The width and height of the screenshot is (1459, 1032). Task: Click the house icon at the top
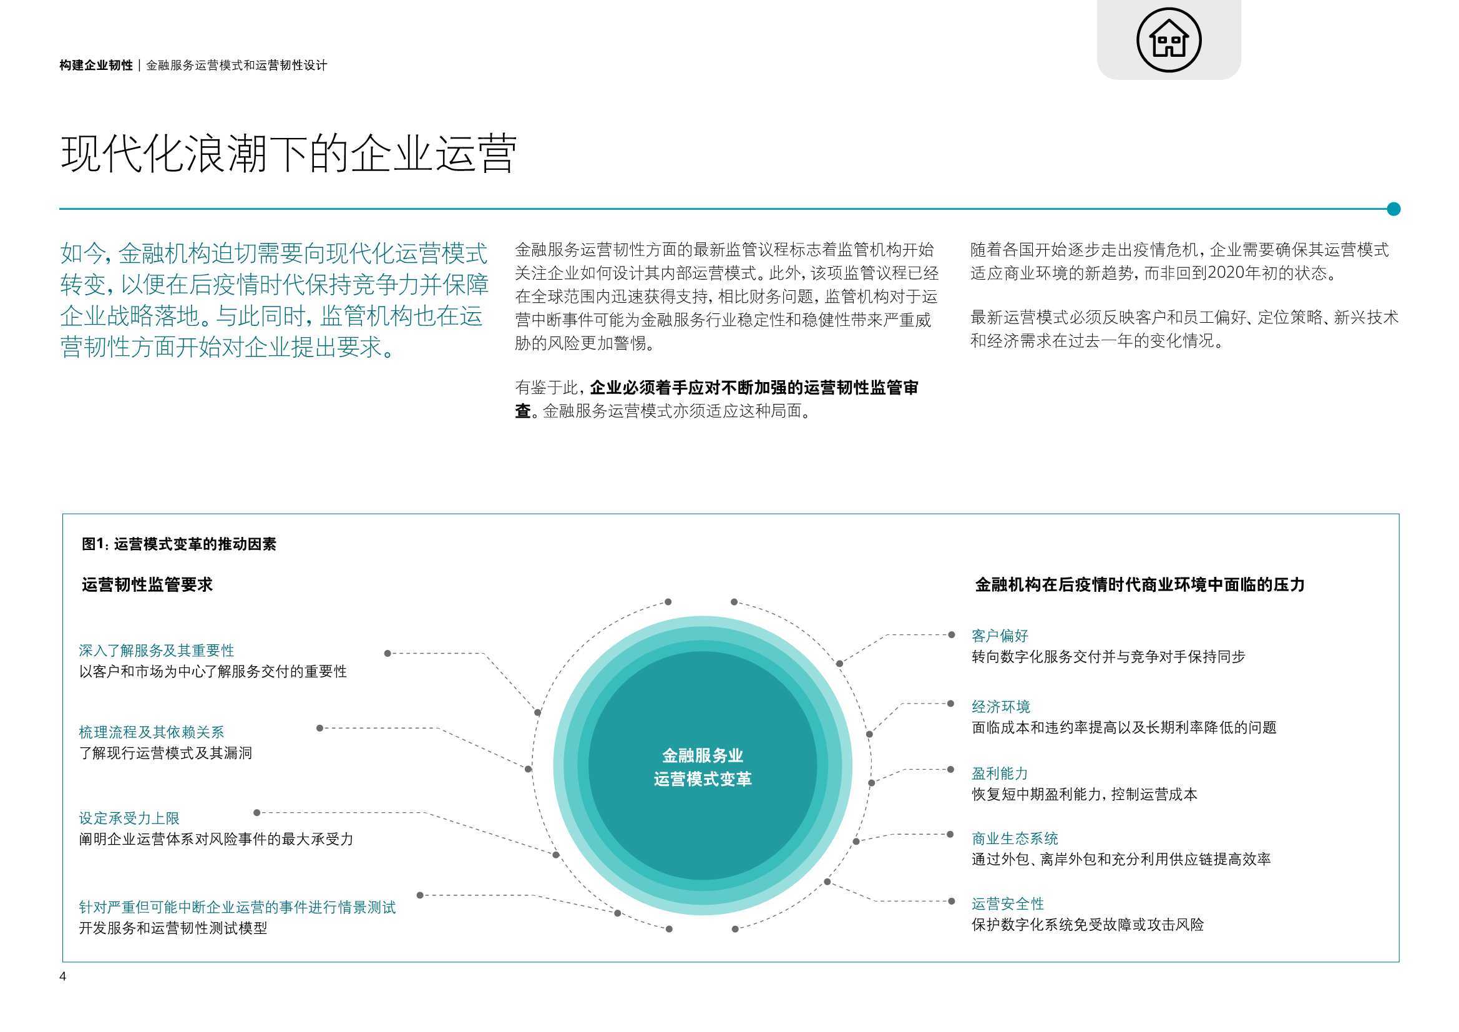(x=1169, y=39)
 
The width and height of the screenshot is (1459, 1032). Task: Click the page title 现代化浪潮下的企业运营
(x=288, y=153)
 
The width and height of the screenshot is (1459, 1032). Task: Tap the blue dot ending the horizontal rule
(x=1393, y=209)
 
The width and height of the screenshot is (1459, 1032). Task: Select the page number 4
(x=63, y=976)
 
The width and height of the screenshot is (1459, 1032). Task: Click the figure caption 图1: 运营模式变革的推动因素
(x=179, y=544)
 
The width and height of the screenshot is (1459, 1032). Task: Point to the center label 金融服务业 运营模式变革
(x=703, y=767)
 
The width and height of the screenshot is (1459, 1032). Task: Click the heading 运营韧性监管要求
(x=147, y=584)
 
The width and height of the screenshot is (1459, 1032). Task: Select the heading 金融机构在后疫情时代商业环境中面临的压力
(x=1139, y=584)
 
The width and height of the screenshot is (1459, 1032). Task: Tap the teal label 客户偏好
(x=1000, y=635)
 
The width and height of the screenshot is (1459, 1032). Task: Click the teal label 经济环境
(x=1001, y=707)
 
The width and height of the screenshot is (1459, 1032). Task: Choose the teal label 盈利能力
(x=1000, y=773)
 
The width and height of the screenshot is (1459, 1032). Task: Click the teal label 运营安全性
(x=1008, y=903)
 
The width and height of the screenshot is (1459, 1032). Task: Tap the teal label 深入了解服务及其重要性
(x=156, y=651)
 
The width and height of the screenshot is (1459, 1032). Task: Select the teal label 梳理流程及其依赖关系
(x=151, y=732)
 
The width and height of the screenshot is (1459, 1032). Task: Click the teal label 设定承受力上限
(x=129, y=818)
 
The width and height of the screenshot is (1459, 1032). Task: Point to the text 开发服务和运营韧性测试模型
(x=173, y=928)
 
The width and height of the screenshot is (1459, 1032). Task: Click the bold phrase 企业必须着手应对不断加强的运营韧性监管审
(x=754, y=387)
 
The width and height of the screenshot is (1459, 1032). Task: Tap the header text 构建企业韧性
(x=96, y=65)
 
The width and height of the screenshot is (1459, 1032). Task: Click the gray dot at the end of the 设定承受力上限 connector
(x=256, y=813)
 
